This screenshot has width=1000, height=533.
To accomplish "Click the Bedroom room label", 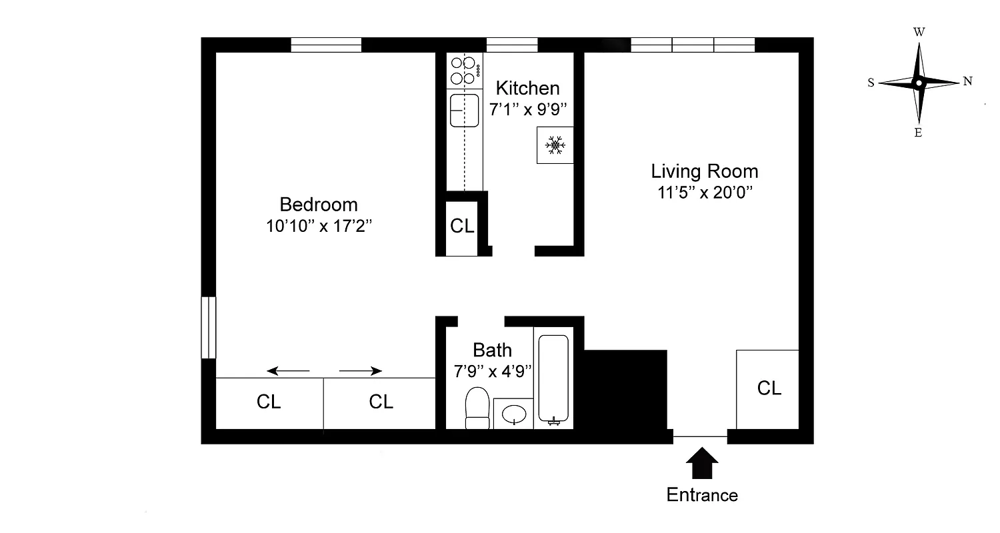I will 318,204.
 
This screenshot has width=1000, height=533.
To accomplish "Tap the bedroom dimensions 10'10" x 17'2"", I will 318,226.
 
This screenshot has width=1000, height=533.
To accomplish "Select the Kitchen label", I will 527,88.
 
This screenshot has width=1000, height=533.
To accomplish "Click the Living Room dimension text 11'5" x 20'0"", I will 705,193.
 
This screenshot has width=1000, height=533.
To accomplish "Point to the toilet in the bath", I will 477,408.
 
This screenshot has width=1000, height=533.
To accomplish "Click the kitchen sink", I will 464,110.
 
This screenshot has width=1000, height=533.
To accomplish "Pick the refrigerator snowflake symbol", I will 555,145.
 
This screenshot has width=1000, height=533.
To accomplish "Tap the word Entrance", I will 702,495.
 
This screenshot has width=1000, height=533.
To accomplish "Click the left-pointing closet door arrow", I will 288,370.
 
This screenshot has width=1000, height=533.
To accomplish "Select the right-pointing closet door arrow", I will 361,370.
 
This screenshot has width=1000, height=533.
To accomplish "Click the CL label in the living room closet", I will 769,388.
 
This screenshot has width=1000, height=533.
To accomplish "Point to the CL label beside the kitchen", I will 462,226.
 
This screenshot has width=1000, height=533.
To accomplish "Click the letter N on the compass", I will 967,82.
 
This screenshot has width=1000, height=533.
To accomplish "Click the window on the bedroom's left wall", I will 209,327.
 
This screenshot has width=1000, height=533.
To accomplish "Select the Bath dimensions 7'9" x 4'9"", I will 493,371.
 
